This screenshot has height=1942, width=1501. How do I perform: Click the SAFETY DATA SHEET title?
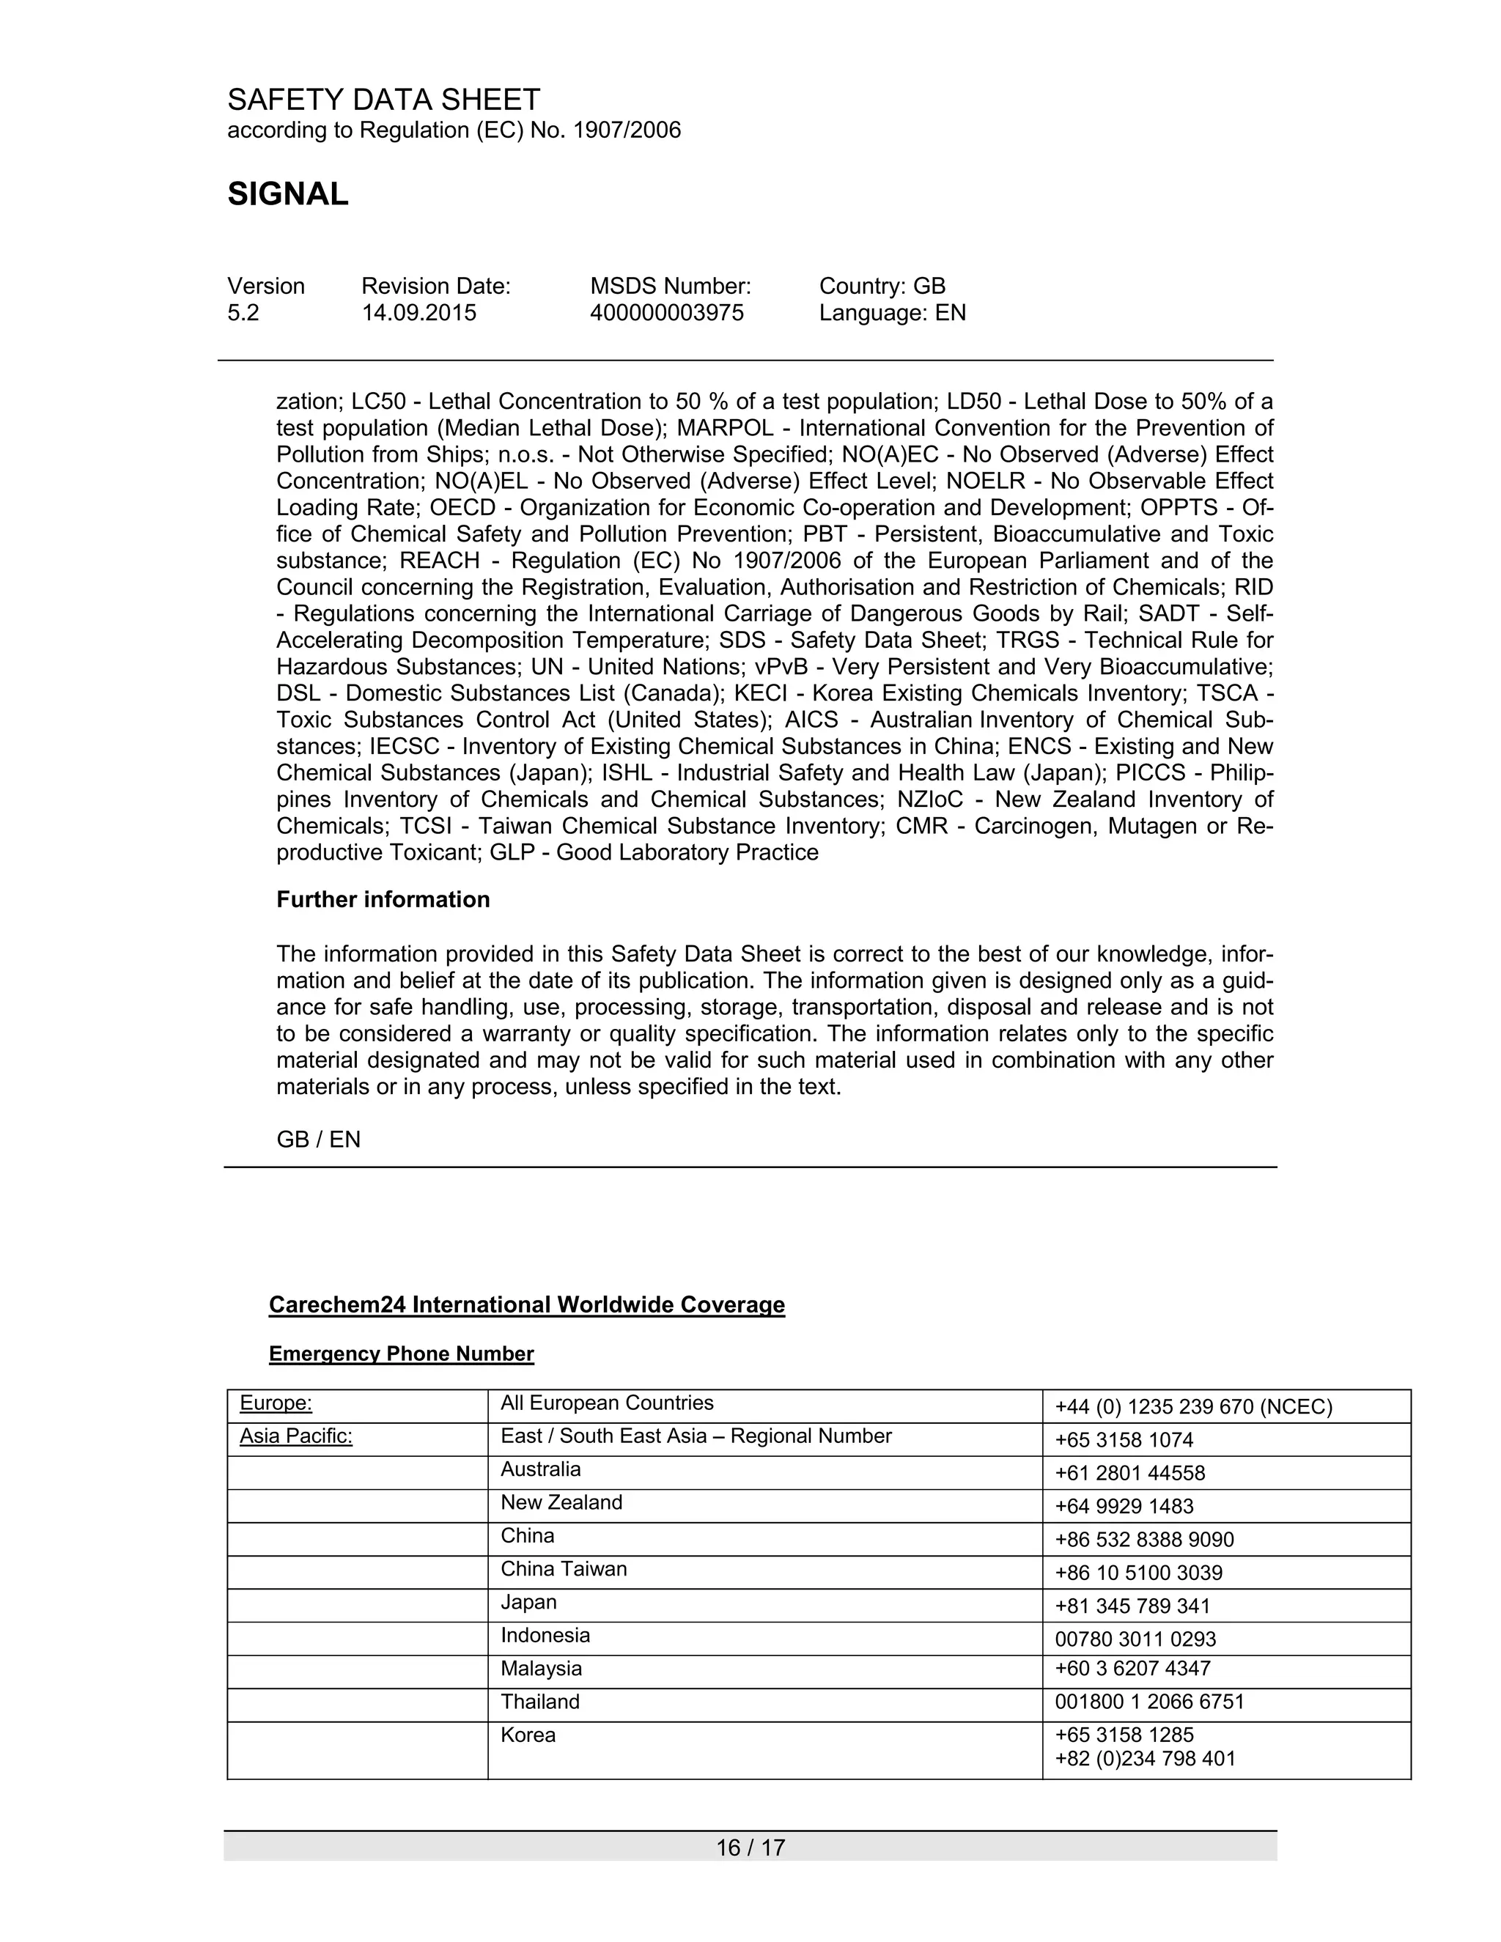pos(383,99)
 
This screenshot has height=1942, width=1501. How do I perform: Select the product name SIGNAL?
pos(287,194)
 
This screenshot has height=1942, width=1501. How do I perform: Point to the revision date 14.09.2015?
pos(418,313)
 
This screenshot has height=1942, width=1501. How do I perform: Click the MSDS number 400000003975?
pos(666,313)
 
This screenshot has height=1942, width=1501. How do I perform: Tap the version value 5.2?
pos(243,313)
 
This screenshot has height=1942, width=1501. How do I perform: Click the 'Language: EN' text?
pos(892,313)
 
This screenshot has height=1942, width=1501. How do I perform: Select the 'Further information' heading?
pos(383,899)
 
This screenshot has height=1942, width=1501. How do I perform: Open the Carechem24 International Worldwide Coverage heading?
pos(526,1304)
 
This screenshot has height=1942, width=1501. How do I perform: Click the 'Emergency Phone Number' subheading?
pos(401,1354)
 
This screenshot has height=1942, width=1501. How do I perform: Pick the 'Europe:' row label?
pos(276,1403)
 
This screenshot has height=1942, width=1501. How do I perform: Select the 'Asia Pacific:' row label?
pos(296,1436)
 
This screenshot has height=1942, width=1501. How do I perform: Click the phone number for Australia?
pos(1129,1474)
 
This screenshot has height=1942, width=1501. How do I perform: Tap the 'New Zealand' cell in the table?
pos(561,1503)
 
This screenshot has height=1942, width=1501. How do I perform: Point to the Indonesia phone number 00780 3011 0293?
pos(1135,1639)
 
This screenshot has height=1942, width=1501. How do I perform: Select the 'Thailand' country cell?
pos(539,1701)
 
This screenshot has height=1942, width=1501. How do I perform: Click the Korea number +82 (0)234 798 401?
pos(1144,1758)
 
